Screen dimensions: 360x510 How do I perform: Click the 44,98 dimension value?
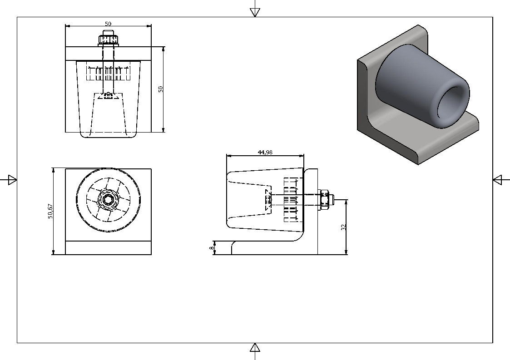(265, 153)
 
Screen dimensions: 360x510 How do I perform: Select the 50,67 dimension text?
(51, 211)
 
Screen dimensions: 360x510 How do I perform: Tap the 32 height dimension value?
(344, 227)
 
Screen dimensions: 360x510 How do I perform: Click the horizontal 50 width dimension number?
(108, 24)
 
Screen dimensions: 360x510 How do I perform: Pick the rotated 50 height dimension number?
(160, 89)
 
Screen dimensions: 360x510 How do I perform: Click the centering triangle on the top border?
(255, 12)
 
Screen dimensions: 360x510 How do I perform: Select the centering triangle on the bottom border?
(255, 348)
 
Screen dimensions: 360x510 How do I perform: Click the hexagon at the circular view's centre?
(108, 200)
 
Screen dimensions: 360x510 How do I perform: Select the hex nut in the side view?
(325, 200)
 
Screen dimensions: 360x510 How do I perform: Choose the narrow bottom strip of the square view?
(108, 248)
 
